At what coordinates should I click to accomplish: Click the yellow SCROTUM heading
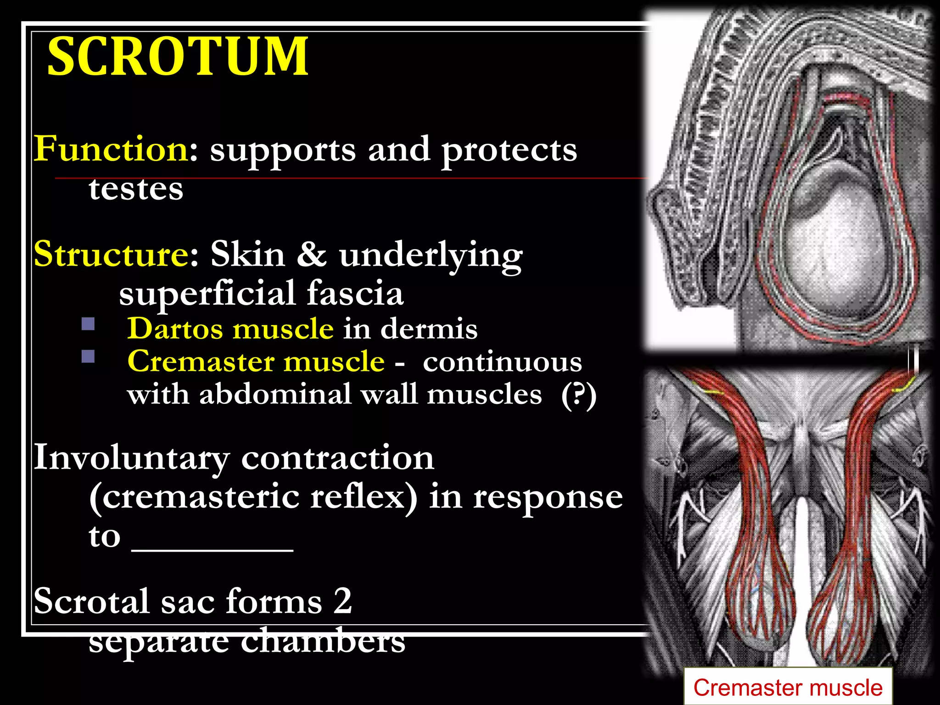coord(178,57)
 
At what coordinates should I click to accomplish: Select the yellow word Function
coord(110,149)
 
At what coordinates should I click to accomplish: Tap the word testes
coord(136,189)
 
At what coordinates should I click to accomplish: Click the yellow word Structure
coord(110,254)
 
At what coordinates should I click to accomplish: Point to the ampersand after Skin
coord(311,254)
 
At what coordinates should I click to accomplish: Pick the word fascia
coord(355,293)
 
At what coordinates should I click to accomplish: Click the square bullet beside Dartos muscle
coord(88,324)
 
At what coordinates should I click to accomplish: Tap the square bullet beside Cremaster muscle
coord(88,357)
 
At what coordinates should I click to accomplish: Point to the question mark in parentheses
coord(579,394)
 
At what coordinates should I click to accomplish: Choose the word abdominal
coord(274,394)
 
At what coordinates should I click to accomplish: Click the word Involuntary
coord(131,458)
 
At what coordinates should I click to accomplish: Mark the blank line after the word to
coord(212,549)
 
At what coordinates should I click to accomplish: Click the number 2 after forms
coord(342,601)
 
